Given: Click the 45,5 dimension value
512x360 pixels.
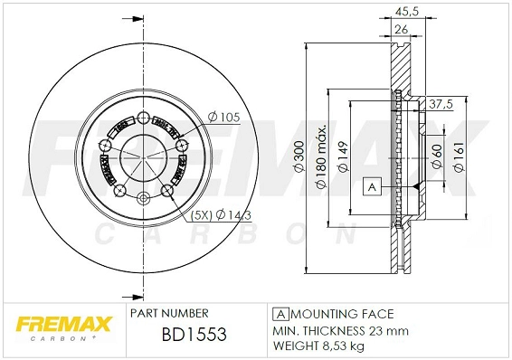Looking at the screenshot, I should pos(412,12).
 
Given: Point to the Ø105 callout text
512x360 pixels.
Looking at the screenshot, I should pos(222,115).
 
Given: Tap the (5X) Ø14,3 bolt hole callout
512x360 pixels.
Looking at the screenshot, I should pos(220,215).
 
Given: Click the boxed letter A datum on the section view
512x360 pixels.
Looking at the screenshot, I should pos(371,186).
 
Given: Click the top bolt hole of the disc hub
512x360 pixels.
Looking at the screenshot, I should pos(143,117).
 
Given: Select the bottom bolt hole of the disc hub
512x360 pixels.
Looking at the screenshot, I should pos(143,199).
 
